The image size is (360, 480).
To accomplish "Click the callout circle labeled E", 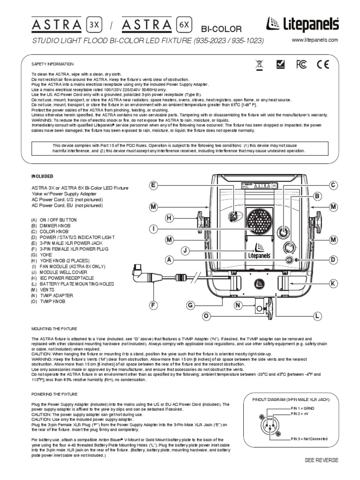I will pyautogui.click(x=153, y=186).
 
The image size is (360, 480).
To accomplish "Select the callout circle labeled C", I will pyautogui.click(x=333, y=186).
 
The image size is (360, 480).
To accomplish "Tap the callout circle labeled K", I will pyautogui.click(x=333, y=284).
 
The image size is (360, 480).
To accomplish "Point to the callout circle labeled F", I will pyautogui.click(x=153, y=306).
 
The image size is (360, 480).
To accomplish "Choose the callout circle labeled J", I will pyautogui.click(x=186, y=252).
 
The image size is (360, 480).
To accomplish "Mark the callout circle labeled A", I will pyautogui.click(x=169, y=259).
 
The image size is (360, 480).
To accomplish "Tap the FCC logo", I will pyautogui.click(x=301, y=65).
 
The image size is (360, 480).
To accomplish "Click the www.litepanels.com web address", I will pyautogui.click(x=315, y=41).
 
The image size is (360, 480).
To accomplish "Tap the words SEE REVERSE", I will pyautogui.click(x=321, y=460).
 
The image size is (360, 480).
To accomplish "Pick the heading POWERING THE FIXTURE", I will pyautogui.click(x=54, y=394).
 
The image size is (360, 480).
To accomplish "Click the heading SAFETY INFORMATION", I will pyautogui.click(x=52, y=64).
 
